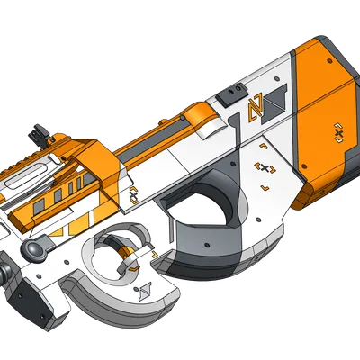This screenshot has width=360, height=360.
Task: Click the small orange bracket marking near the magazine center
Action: (x=135, y=193)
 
